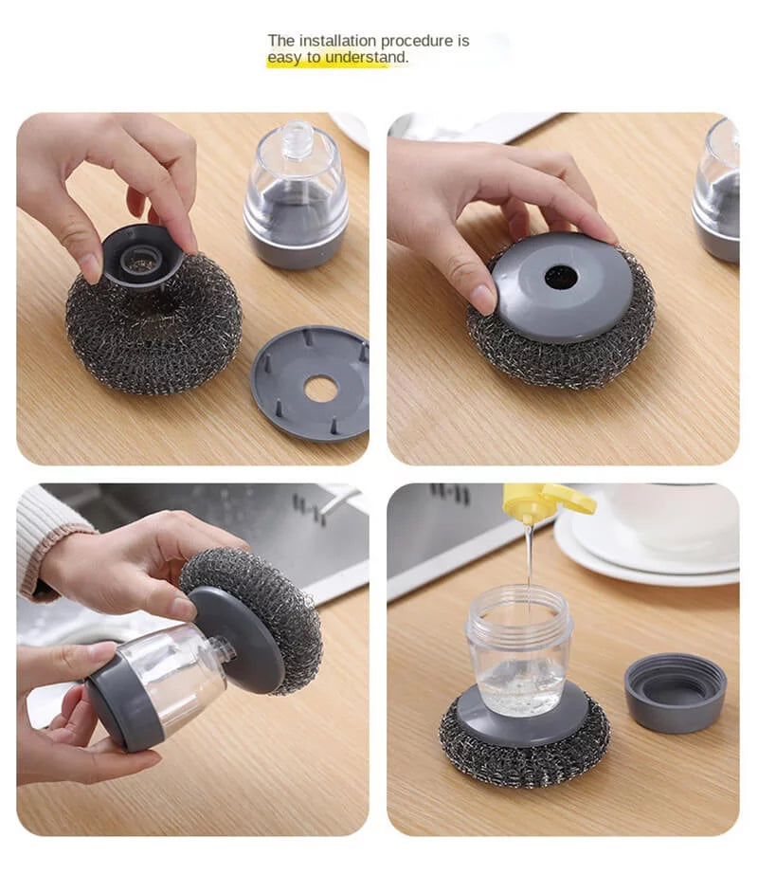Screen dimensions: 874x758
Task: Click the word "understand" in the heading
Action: click(x=367, y=58)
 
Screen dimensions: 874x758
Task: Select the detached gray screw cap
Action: click(x=675, y=692)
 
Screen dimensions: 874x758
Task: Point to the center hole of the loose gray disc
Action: click(x=320, y=388)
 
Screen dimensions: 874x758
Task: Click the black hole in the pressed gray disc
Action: click(x=560, y=277)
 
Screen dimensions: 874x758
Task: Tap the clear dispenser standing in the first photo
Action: click(x=297, y=197)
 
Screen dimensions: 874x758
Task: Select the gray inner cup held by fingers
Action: click(x=142, y=254)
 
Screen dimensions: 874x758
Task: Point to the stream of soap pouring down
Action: click(x=529, y=559)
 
